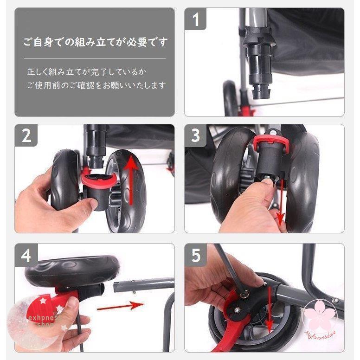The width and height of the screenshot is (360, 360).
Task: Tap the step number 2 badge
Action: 26,135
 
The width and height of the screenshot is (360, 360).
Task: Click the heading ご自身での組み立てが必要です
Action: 95,42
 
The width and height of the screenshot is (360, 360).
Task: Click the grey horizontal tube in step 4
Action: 144,284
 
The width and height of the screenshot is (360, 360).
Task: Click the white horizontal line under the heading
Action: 95,58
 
